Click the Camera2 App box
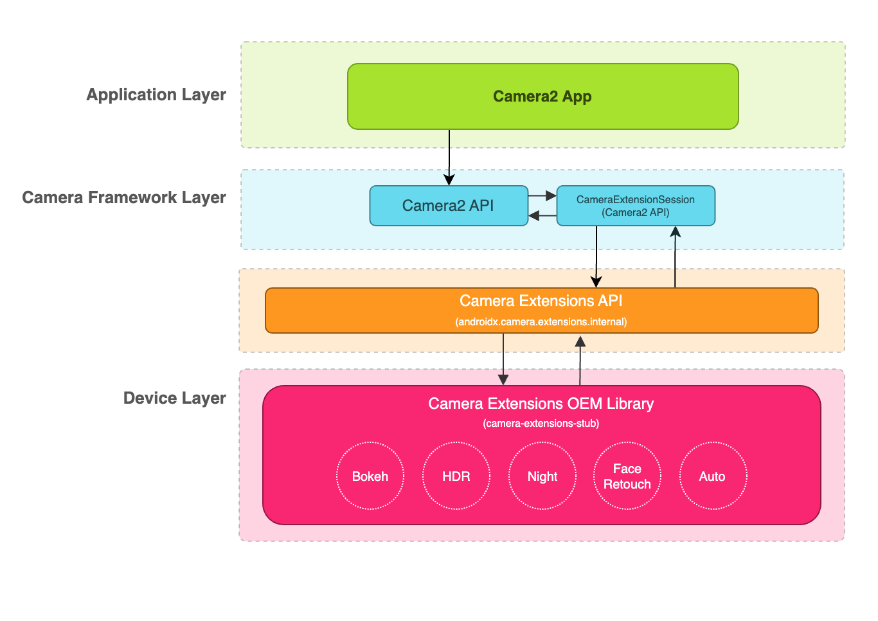click(542, 96)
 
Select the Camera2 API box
click(448, 206)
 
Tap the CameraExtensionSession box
click(635, 206)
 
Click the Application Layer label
click(156, 94)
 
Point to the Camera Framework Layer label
click(124, 197)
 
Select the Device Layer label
click(174, 398)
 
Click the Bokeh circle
click(370, 476)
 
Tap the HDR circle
click(456, 476)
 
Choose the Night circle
click(542, 476)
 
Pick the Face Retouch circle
click(627, 476)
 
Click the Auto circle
click(713, 476)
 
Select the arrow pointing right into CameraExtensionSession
click(542, 195)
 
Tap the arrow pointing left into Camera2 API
click(542, 216)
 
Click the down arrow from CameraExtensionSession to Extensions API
click(596, 257)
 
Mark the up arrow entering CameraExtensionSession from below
click(675, 257)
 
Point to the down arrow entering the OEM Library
click(503, 360)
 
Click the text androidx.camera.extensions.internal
click(541, 321)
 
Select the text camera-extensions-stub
click(541, 423)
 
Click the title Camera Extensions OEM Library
click(541, 404)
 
